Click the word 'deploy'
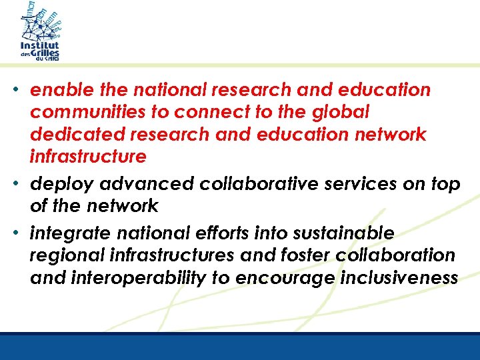tap(56, 184)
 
